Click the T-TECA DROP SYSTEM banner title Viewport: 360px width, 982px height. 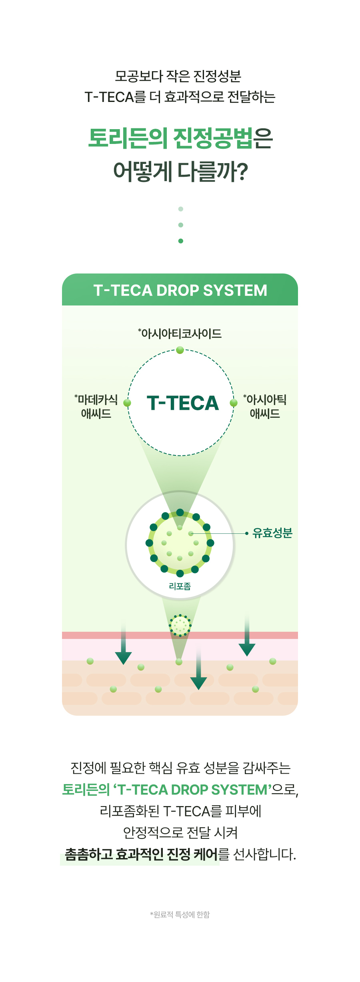coord(180,290)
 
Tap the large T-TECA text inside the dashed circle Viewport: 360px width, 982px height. coord(183,403)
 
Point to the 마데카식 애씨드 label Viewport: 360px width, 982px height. coord(96,406)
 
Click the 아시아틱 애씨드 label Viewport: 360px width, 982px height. coord(265,406)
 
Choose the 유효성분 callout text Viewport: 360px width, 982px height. coord(272,533)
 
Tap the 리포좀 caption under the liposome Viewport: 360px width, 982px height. coord(180,586)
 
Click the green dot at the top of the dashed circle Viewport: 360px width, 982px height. coord(180,350)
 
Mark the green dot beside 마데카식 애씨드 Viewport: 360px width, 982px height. coord(127,403)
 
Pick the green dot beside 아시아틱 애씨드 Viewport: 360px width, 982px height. coord(234,403)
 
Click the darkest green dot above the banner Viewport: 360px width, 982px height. coord(181,241)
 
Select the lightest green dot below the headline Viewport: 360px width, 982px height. coord(181,209)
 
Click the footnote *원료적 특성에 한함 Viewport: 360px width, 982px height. coord(180,914)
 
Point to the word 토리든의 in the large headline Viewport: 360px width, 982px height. coord(128,138)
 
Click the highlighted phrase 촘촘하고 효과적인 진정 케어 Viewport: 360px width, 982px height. coord(141,854)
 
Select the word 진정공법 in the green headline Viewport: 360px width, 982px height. coord(213,138)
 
